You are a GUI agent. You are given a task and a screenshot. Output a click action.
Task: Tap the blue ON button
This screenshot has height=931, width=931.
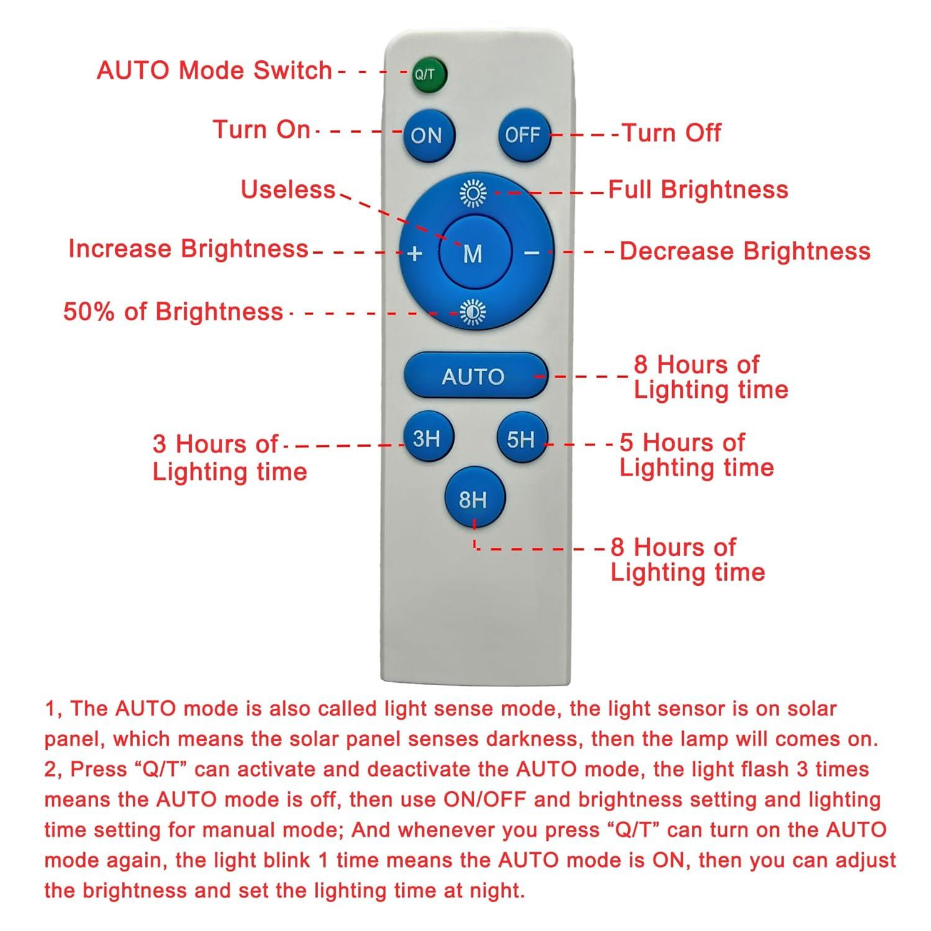tap(428, 135)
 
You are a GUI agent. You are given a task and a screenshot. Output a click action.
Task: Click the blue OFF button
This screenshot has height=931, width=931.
tap(523, 135)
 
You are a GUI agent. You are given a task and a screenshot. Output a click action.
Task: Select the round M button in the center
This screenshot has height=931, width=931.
tap(474, 253)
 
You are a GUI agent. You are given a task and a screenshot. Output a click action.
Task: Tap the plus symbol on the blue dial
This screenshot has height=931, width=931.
tap(415, 253)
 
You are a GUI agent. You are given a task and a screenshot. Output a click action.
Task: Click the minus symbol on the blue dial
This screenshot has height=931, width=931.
tap(532, 253)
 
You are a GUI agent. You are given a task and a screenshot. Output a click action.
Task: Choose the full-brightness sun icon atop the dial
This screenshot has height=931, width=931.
tap(474, 193)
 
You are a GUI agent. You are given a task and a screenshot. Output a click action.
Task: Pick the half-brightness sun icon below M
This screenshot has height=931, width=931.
tap(474, 312)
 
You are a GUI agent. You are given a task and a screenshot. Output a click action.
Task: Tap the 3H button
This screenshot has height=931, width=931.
tap(427, 439)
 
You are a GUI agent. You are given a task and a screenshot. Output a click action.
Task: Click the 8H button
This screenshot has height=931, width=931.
tap(474, 499)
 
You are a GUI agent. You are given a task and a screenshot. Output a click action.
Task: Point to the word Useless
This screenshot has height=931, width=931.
tap(288, 189)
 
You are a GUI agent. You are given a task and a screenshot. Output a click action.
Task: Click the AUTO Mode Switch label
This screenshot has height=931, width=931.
tap(214, 70)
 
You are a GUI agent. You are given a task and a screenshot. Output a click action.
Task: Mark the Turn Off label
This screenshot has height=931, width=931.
tap(672, 133)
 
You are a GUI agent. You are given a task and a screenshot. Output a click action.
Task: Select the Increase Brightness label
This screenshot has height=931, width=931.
tap(188, 248)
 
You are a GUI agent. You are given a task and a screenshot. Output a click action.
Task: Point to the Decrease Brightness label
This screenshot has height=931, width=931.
tap(745, 251)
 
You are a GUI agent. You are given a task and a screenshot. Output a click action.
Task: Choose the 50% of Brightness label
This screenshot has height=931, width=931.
tap(173, 311)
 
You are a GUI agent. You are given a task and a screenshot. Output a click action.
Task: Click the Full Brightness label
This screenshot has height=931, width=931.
tap(698, 189)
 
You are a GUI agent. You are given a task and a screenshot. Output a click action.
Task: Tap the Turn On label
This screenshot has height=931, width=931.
tap(261, 129)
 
